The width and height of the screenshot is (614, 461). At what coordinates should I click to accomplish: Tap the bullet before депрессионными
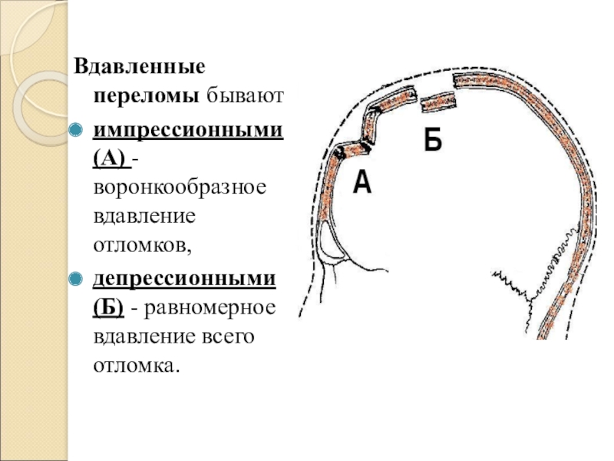pos(74,279)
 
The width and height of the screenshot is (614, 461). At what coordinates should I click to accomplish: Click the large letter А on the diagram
pos(362,183)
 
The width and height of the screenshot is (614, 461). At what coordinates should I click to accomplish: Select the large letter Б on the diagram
pos(433,141)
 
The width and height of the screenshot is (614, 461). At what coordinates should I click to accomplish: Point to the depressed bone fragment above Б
pos(437,100)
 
